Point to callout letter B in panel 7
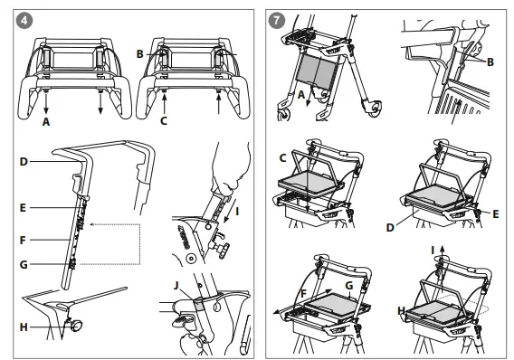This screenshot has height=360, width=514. click(x=490, y=62)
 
